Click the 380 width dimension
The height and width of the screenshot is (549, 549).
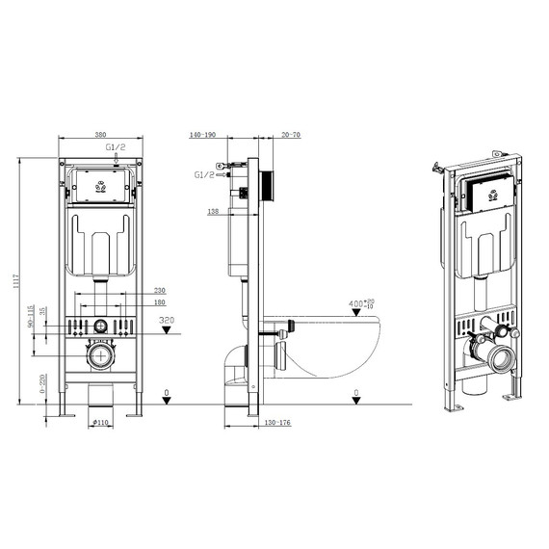[x=100, y=136]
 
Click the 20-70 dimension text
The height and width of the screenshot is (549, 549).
[x=290, y=137]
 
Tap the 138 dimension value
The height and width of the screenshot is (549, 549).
[x=214, y=210]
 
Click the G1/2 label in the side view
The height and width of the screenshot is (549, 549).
[x=204, y=175]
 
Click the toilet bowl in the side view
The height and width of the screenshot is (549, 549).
[x=327, y=347]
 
